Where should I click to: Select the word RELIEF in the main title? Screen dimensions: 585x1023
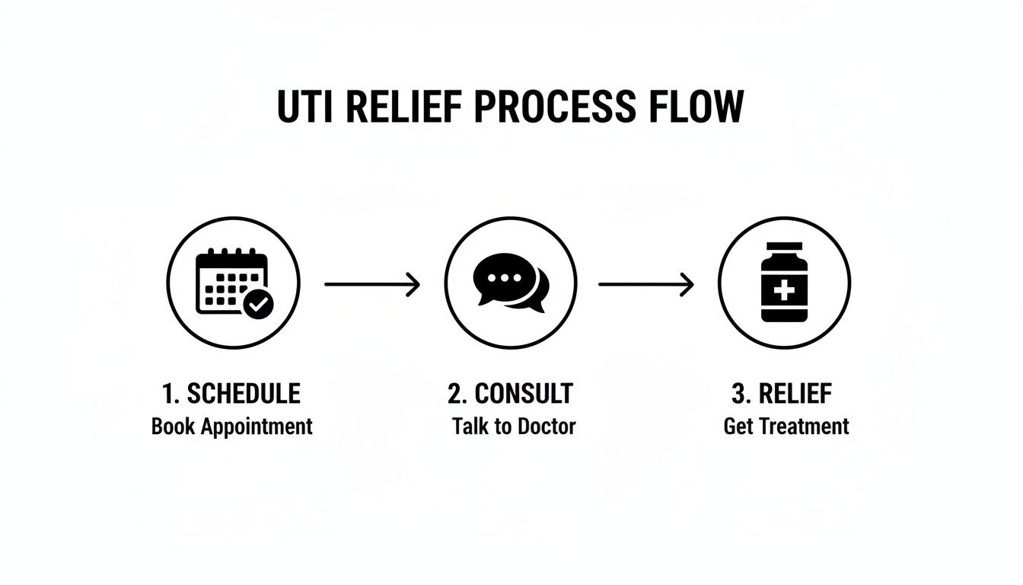(403, 107)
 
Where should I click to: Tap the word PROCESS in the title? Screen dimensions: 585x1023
(555, 107)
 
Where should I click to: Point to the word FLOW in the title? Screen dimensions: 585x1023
(696, 107)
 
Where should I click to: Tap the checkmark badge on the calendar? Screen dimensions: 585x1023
(259, 305)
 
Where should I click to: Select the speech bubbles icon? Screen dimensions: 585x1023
(511, 283)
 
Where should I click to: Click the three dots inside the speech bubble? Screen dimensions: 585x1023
(502, 278)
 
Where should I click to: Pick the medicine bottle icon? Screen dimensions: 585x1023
(784, 283)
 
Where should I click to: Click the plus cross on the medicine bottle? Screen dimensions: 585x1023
(784, 290)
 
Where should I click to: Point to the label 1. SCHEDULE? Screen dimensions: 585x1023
(231, 394)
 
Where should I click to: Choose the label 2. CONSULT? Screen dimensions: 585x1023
(510, 394)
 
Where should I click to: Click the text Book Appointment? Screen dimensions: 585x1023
(231, 426)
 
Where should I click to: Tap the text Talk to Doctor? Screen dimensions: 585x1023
(513, 426)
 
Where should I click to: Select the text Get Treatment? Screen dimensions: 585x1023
(786, 426)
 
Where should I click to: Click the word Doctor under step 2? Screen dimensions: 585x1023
(546, 426)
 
